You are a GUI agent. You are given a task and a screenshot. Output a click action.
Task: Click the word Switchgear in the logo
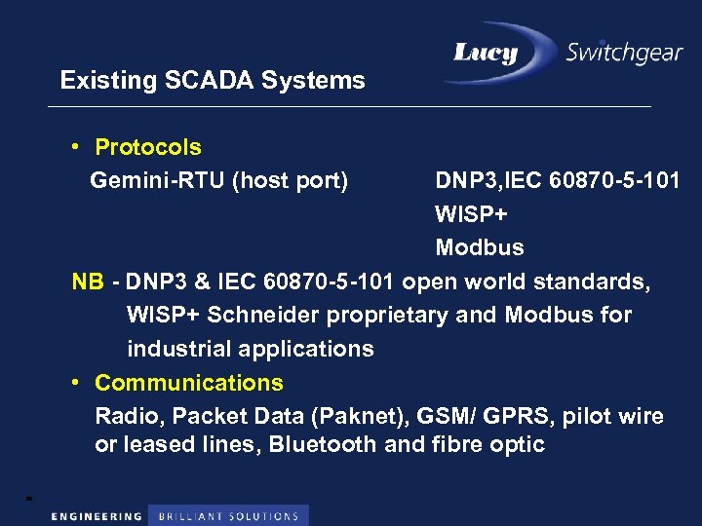click(x=624, y=52)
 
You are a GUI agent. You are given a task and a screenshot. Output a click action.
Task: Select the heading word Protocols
click(x=148, y=148)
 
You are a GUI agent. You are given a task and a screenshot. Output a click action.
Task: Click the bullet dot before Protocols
click(x=76, y=148)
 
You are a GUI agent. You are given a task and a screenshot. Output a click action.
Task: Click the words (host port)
click(x=290, y=181)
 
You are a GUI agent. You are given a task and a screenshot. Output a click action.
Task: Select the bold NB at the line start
click(x=87, y=282)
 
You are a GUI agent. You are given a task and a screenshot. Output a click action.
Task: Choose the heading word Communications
click(x=189, y=383)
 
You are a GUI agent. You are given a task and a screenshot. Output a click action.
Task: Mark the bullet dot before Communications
click(x=76, y=383)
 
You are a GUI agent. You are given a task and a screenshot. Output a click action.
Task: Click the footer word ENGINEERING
click(x=97, y=516)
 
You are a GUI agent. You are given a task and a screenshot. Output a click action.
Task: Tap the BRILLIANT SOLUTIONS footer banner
click(x=228, y=516)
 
